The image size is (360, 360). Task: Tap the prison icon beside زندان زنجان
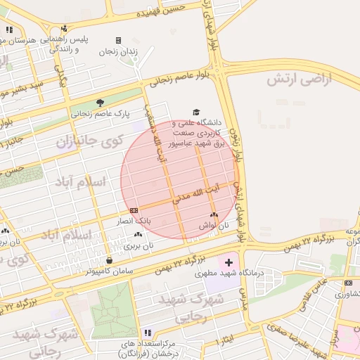coord(118,40)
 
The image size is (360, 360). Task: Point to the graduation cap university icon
coord(196,112)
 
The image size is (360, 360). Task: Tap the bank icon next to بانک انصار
coord(134,210)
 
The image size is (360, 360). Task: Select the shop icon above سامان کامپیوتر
coord(108,260)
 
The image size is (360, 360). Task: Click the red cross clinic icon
coord(227,262)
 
